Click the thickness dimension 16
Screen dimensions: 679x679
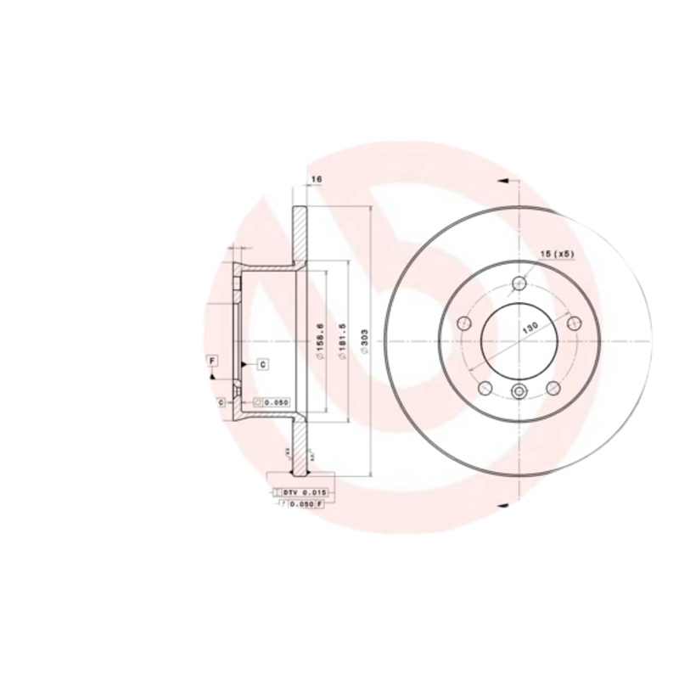(316, 180)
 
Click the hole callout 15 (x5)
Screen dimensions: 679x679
(558, 254)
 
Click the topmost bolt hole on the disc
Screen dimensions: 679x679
(519, 284)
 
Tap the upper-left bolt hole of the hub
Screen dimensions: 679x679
(463, 323)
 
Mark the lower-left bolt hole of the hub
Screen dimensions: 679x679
(485, 388)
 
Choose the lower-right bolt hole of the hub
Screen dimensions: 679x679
(553, 388)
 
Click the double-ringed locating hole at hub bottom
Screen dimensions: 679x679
(519, 390)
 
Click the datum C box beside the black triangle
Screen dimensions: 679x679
(262, 364)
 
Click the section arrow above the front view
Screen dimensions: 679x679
(502, 180)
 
